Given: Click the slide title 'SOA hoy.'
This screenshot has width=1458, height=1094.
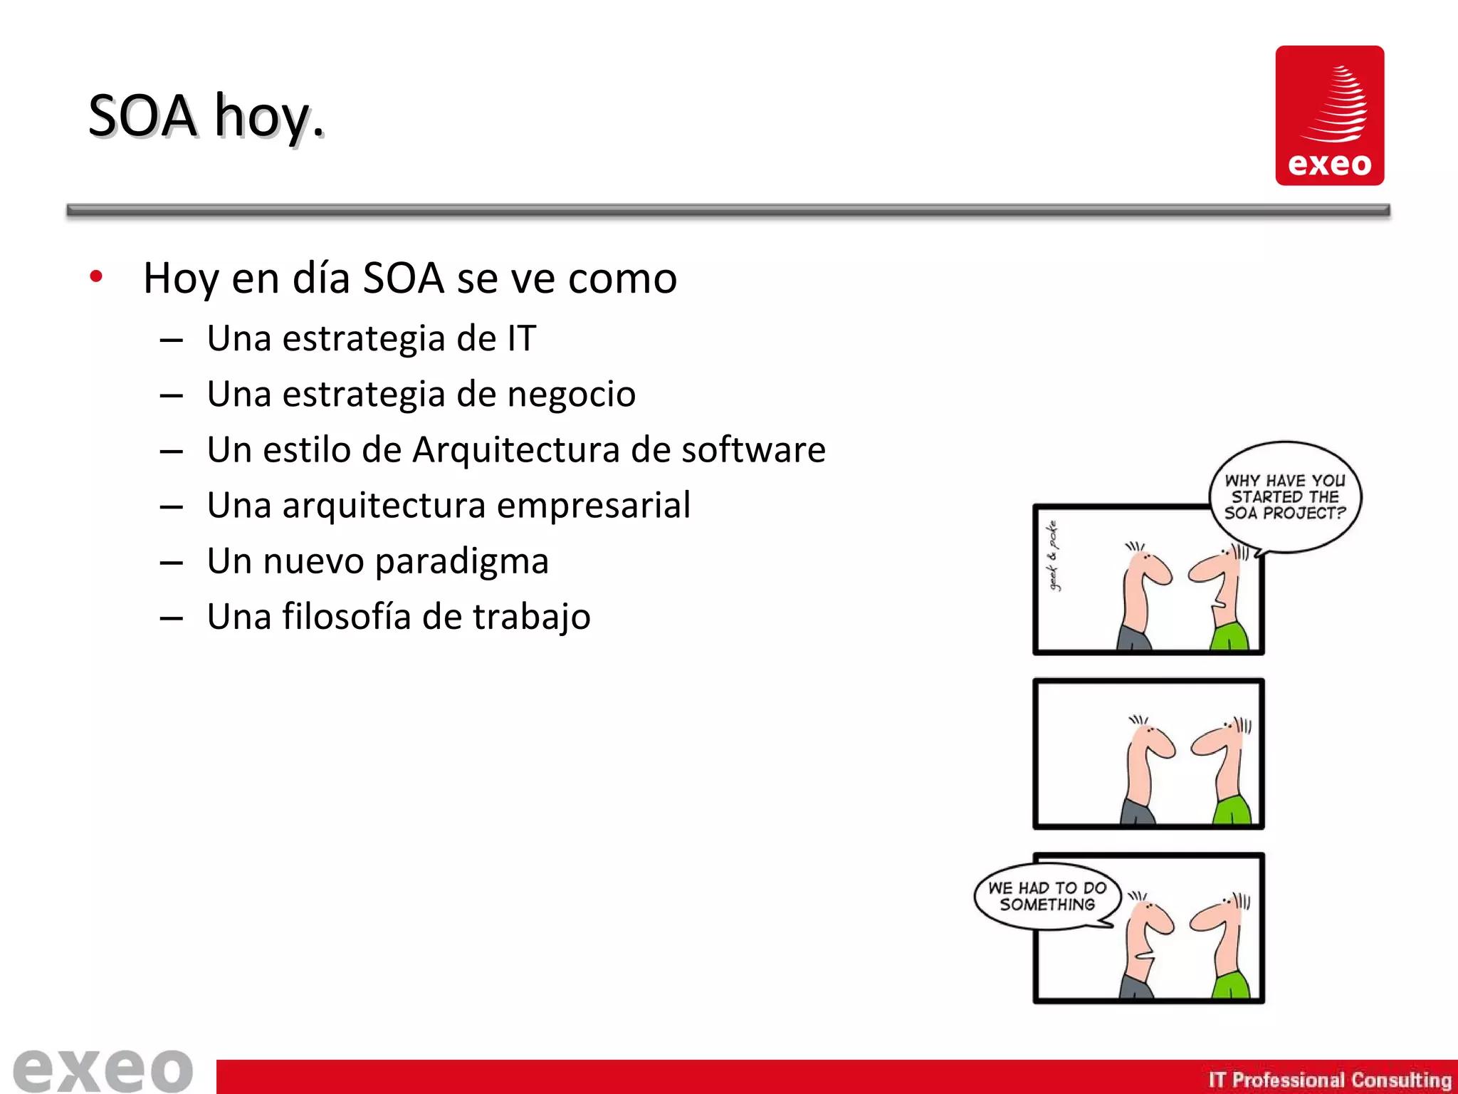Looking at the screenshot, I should tap(206, 116).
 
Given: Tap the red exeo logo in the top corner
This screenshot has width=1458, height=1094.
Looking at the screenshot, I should tap(1329, 115).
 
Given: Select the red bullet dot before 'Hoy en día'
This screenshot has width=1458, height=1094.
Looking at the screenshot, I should tap(97, 276).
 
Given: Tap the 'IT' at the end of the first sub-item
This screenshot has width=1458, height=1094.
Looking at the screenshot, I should tap(521, 338).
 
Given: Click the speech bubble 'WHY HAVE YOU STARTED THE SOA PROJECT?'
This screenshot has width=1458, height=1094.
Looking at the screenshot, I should tap(1284, 496).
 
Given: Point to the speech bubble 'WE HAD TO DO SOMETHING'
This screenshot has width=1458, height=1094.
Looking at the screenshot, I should tap(1047, 896).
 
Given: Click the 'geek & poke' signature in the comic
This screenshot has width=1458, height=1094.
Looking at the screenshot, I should tap(1053, 556).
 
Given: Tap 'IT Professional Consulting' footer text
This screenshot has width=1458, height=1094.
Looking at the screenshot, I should tap(1329, 1080).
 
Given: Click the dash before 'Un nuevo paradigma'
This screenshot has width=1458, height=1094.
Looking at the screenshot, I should tap(172, 563).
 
